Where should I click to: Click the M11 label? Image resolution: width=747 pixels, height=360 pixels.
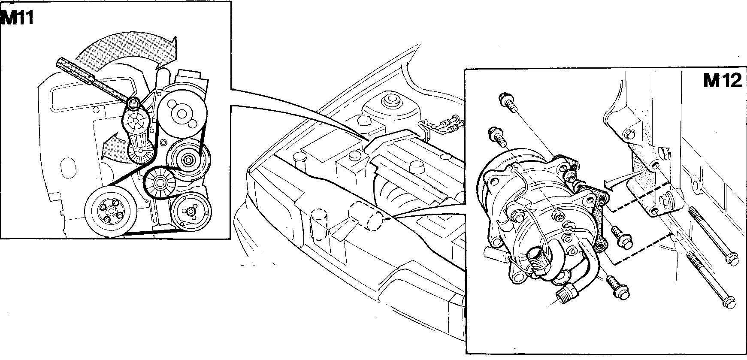[17, 18]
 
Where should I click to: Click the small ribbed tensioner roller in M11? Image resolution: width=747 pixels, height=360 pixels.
[141, 152]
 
